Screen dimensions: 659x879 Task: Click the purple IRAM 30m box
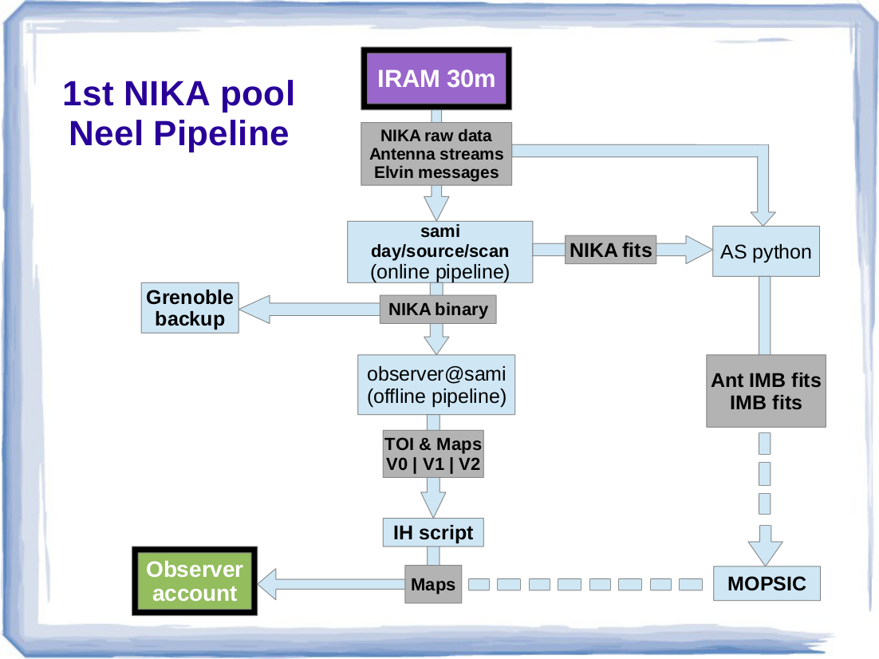tap(436, 78)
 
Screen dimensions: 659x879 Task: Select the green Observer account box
tap(195, 581)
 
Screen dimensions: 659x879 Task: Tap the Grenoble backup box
tap(190, 308)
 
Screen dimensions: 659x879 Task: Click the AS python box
tap(766, 252)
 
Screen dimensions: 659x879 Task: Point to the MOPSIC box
tap(767, 584)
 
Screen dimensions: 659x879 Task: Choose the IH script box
tap(433, 532)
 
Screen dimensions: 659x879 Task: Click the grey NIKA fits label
tap(610, 251)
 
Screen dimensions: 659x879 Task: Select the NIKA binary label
tap(438, 309)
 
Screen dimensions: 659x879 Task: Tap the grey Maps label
tap(433, 585)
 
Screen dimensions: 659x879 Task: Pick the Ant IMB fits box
tap(766, 391)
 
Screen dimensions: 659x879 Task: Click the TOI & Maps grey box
tap(433, 454)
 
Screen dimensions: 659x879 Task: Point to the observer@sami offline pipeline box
tap(436, 385)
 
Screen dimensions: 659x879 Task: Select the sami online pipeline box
tap(439, 251)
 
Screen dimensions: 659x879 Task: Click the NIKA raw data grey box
tap(436, 153)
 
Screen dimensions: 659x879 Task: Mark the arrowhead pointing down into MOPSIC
tap(764, 550)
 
